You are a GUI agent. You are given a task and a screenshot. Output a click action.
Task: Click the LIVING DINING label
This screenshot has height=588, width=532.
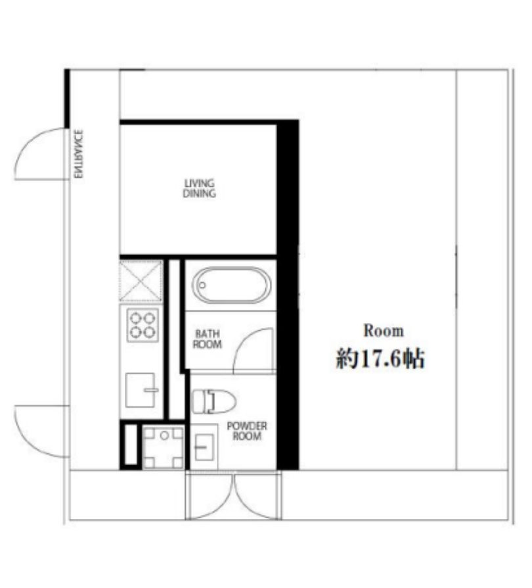199,189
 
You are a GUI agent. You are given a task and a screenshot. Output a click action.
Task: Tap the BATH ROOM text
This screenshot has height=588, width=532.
208,339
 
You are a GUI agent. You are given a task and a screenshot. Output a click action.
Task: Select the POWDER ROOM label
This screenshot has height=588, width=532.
247,431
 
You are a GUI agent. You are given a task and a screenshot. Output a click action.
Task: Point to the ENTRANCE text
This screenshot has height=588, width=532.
78,154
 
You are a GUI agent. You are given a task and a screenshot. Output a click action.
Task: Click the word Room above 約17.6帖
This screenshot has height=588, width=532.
384,331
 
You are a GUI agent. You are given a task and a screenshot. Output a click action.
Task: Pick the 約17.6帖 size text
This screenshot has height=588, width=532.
380,359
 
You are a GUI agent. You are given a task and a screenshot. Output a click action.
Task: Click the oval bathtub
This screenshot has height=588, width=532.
231,285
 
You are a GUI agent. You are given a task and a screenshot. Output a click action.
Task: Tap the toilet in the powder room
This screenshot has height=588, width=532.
213,401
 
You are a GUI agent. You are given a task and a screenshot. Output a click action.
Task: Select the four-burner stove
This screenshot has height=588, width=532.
143,325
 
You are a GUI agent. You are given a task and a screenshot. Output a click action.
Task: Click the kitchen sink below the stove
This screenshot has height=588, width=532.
141,390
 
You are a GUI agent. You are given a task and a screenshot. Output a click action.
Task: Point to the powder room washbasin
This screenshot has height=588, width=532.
204,447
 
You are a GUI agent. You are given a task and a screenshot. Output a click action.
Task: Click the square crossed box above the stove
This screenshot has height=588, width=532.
141,281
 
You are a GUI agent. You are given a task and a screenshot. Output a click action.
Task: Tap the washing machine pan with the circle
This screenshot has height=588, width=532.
164,448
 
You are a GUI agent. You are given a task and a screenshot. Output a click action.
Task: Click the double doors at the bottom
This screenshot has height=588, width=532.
233,496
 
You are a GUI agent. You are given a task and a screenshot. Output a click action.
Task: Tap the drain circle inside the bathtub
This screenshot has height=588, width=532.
202,285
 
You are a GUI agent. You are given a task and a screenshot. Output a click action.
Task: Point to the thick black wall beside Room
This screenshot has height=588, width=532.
288,295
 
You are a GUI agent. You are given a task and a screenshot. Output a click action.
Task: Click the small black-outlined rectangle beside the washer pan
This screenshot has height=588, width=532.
131,445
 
